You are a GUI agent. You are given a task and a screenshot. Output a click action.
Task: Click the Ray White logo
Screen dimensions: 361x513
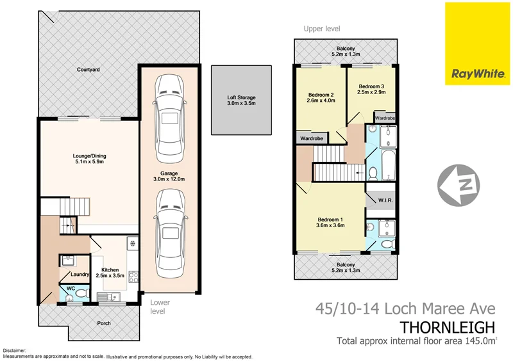[478, 44]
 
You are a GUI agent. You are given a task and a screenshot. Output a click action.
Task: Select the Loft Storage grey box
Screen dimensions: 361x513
[241, 99]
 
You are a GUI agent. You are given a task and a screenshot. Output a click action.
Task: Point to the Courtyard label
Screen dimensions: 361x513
[87, 69]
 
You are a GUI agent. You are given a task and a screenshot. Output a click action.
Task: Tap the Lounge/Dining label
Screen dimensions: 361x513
[90, 157]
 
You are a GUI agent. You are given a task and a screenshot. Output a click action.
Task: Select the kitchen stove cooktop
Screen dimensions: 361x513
[133, 277]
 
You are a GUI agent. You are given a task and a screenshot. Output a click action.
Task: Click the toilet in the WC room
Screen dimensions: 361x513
[71, 295]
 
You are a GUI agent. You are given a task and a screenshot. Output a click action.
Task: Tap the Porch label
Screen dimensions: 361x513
[104, 323]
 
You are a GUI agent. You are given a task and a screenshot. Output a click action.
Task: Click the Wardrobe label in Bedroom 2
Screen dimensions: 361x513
[311, 138]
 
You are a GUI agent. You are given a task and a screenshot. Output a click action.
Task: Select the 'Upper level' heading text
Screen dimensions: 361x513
[322, 28]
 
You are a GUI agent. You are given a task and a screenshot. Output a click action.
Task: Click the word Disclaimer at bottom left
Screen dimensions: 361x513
[15, 351]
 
